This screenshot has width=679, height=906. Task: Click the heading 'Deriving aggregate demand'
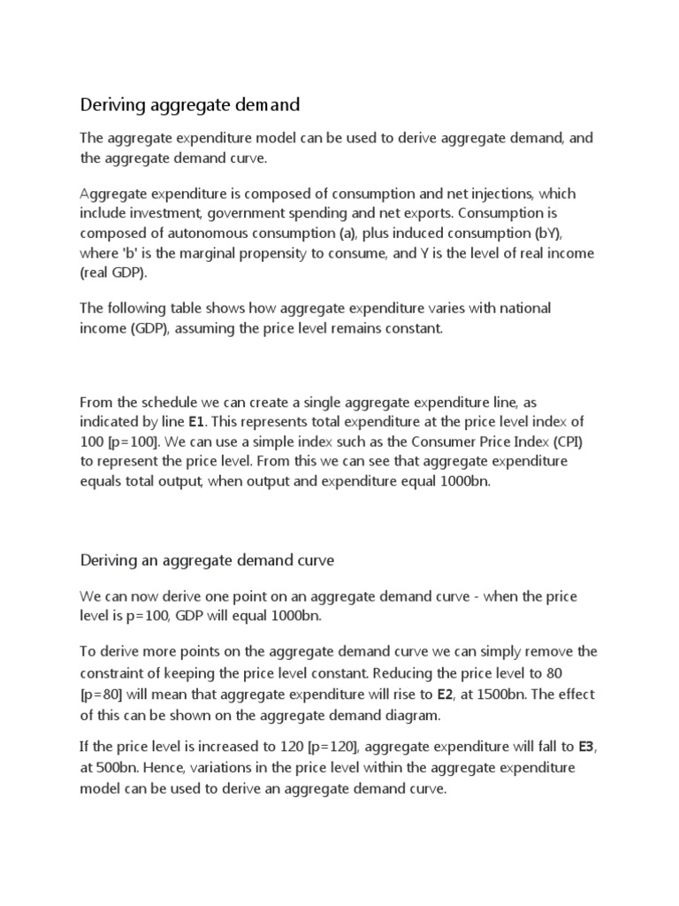pos(190,105)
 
